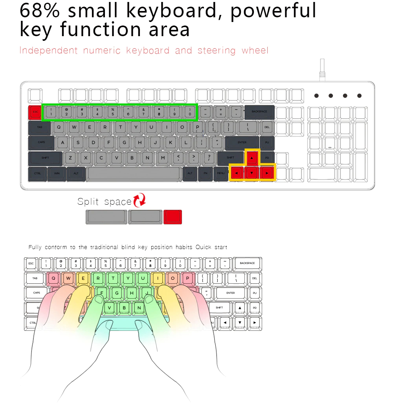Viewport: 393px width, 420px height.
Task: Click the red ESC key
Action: point(35,112)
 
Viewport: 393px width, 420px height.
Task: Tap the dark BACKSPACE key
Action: point(259,112)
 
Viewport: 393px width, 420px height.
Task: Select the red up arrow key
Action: point(252,158)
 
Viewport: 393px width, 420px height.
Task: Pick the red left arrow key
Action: point(236,173)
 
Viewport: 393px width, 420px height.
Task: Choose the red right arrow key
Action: point(267,173)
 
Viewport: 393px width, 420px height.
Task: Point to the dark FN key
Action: point(205,173)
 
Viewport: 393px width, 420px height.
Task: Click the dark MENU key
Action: point(220,173)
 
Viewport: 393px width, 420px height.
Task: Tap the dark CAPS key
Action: point(41,143)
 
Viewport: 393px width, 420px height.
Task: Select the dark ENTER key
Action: point(242,143)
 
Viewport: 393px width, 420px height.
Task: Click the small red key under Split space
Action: point(173,217)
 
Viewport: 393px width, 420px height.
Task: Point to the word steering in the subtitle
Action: point(217,51)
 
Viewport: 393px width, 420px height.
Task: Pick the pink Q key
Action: point(53,279)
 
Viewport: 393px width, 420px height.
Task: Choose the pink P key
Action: point(188,279)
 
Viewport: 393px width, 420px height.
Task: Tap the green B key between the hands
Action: point(124,308)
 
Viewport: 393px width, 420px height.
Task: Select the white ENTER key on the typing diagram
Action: point(231,293)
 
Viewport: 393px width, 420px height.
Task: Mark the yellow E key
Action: point(83,279)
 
